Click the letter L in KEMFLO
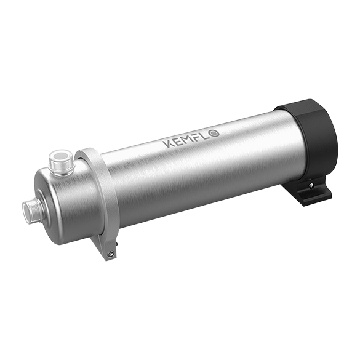[210, 134]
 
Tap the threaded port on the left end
[31, 209]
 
